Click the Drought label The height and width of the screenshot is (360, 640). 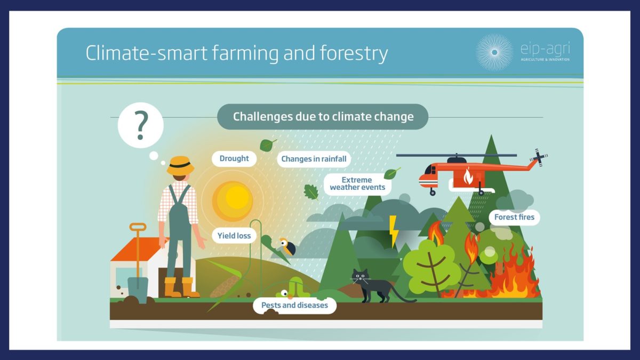click(234, 158)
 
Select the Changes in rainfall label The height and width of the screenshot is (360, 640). click(314, 159)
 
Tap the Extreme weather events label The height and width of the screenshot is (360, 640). click(357, 183)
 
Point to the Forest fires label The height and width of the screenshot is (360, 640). click(514, 217)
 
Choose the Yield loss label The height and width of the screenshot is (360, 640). click(234, 236)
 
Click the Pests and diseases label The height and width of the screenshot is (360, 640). click(294, 305)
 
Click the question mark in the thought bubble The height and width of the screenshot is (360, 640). click(141, 125)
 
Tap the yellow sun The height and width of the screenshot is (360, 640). click(233, 201)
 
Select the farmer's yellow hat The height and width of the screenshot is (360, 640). click(180, 165)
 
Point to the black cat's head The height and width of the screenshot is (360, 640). click(359, 276)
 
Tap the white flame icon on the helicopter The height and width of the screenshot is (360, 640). click(468, 175)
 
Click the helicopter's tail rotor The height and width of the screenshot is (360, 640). click(539, 157)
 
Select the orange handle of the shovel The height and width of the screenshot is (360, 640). click(138, 227)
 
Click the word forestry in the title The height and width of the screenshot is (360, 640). click(354, 53)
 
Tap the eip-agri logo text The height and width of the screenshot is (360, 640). click(545, 49)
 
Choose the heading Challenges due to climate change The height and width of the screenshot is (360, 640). click(323, 117)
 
